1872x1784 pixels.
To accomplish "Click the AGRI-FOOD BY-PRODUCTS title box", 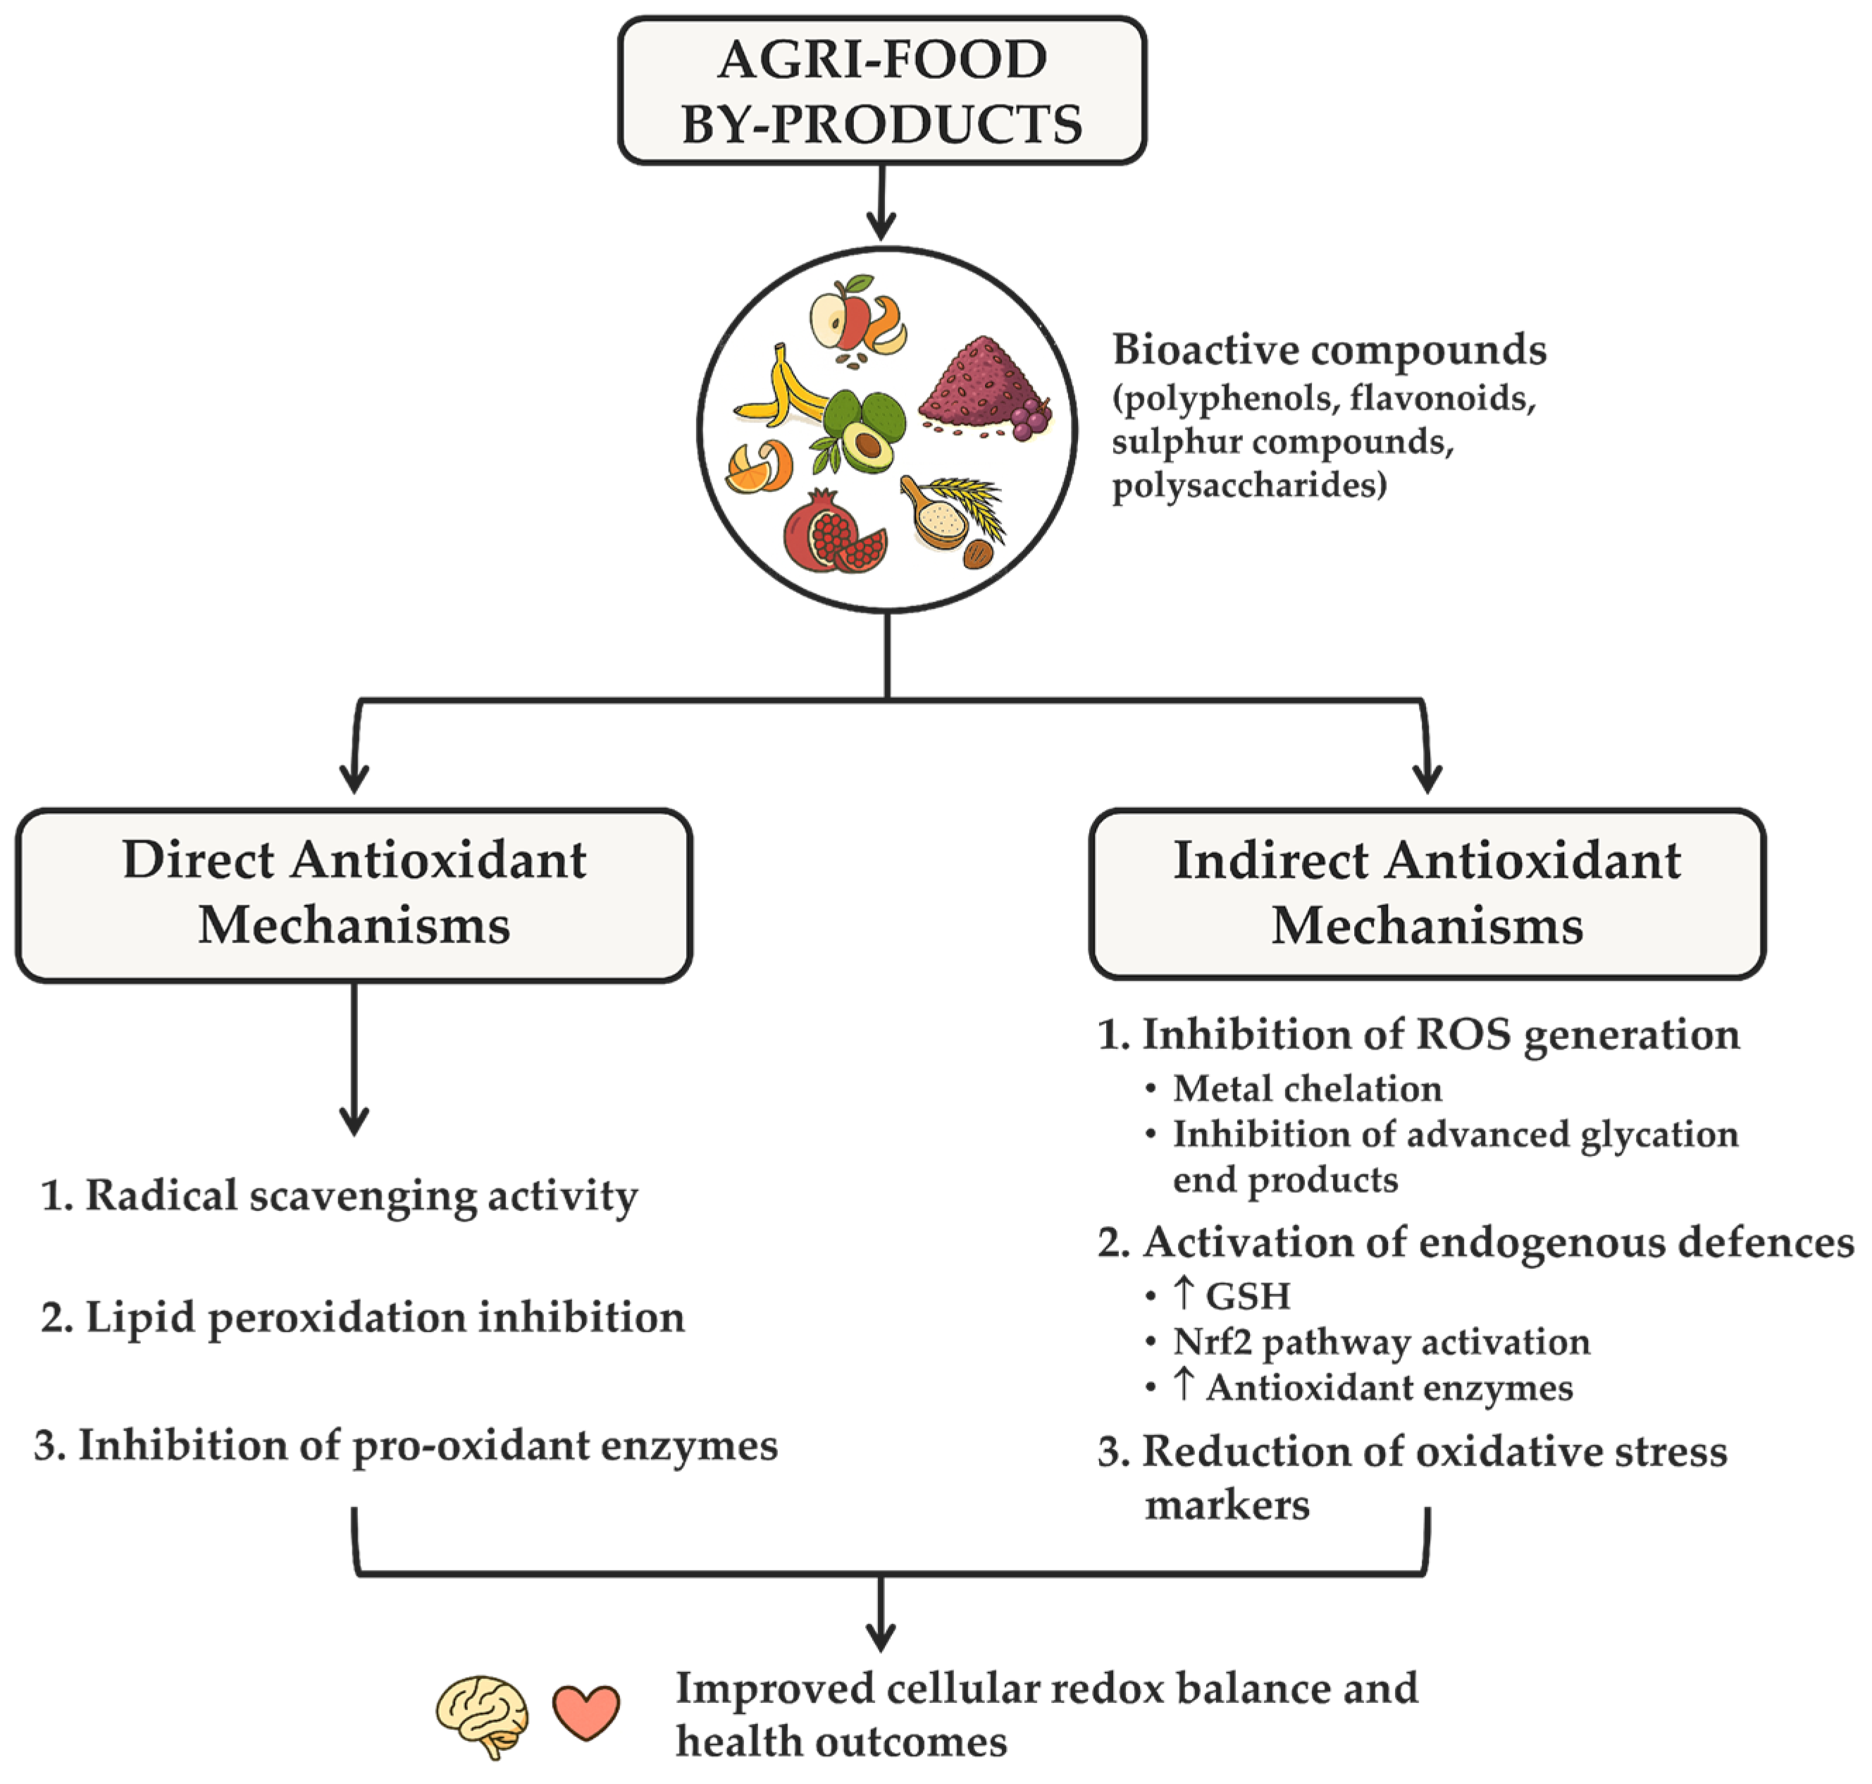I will tap(881, 90).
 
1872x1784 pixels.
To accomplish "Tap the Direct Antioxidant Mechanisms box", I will tap(354, 894).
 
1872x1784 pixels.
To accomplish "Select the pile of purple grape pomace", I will tap(979, 390).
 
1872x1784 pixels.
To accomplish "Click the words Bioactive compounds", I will tap(1329, 350).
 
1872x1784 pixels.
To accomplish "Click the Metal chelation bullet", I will tap(1306, 1089).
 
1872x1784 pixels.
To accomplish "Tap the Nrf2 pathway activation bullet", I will tap(1380, 1342).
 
